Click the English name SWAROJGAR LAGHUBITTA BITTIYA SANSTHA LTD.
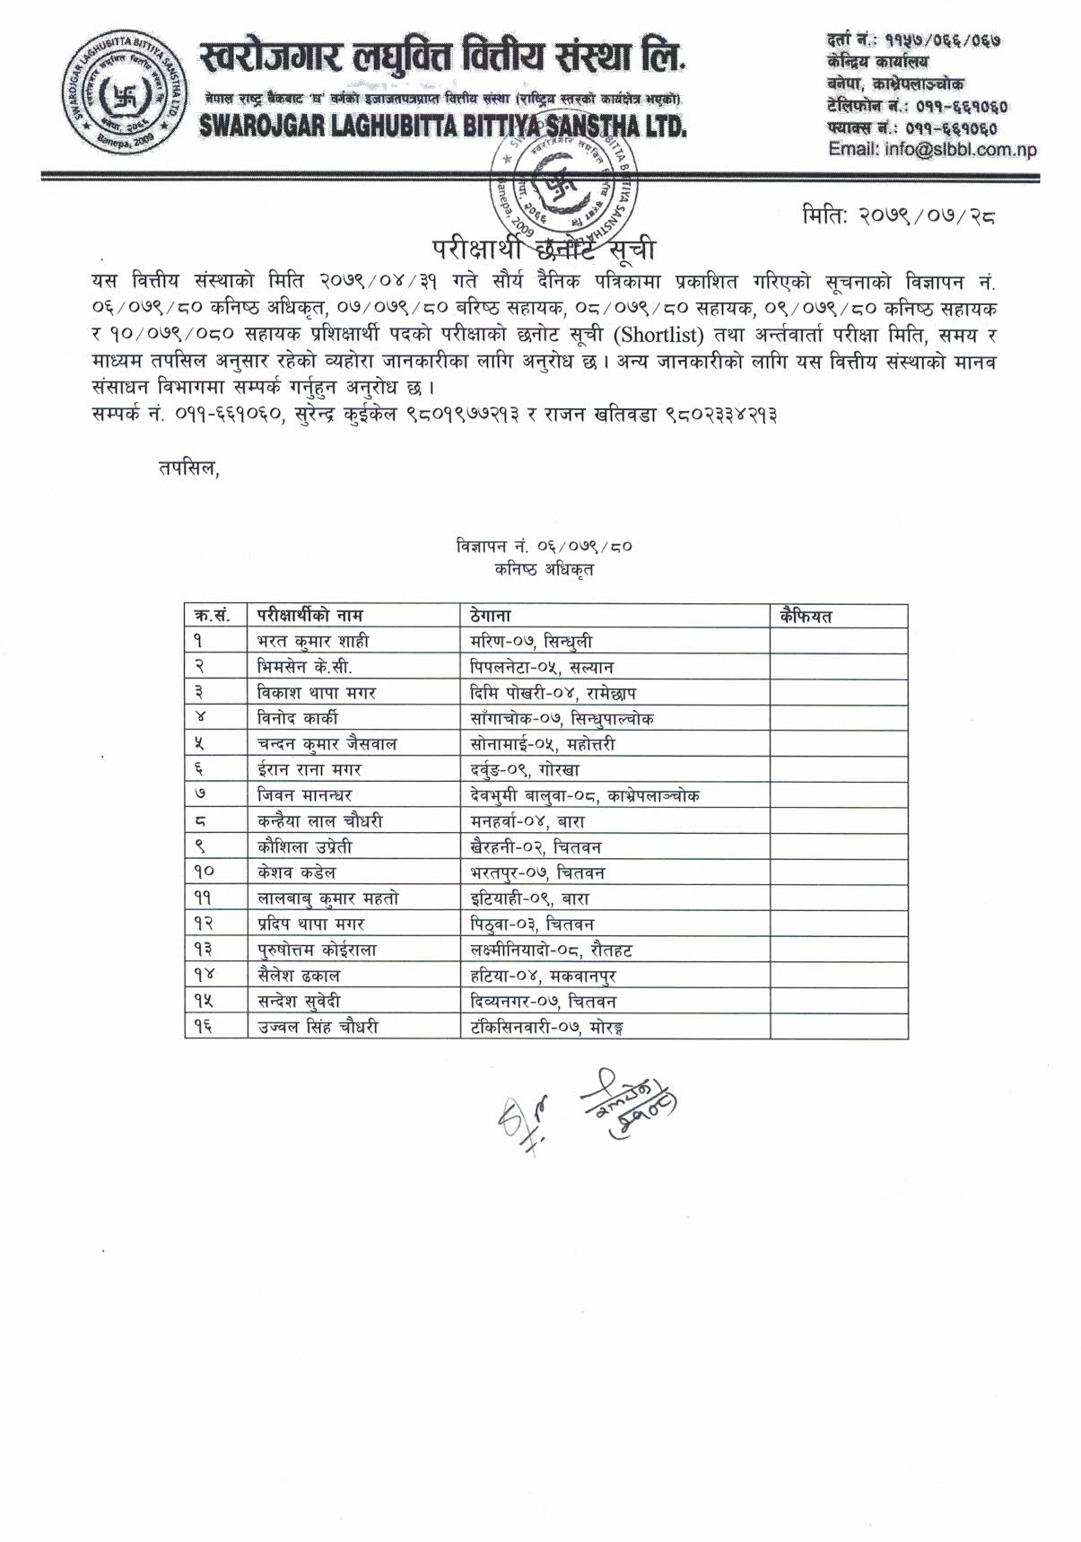443,127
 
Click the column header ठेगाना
490,616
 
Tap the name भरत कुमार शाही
312,641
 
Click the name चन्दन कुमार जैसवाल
327,744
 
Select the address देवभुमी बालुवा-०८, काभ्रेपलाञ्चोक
585,795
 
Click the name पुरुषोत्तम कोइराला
317,950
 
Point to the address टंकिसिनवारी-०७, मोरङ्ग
546,1027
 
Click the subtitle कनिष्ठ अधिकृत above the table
544,569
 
